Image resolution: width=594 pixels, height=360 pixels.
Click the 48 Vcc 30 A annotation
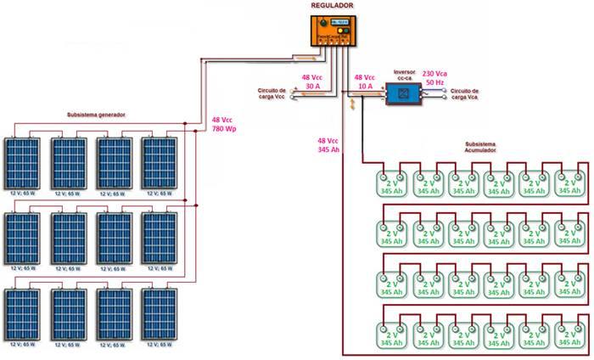pyautogui.click(x=312, y=82)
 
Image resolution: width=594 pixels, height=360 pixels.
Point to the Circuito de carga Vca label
pyautogui.click(x=466, y=93)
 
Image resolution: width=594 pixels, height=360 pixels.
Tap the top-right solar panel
pyautogui.click(x=160, y=164)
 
